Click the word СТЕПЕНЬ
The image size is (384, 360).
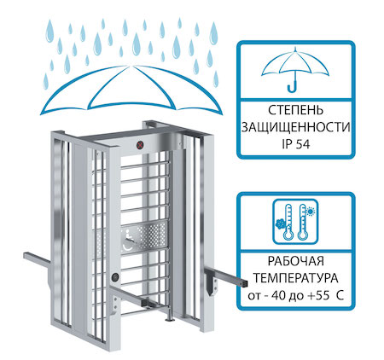296,110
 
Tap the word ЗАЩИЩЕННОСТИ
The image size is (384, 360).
296,127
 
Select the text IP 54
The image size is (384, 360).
296,144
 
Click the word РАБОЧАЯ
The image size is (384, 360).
296,261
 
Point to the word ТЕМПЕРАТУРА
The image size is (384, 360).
296,278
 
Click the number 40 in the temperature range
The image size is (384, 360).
278,296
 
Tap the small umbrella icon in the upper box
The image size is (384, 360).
295,71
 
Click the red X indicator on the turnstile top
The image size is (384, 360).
140,145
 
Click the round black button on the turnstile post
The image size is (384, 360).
115,277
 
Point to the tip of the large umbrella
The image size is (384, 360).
131,66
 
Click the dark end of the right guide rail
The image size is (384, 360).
245,283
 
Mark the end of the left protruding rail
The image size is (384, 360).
26,255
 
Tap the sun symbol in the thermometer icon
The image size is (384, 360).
311,212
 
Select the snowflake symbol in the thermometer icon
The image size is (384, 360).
280,224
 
